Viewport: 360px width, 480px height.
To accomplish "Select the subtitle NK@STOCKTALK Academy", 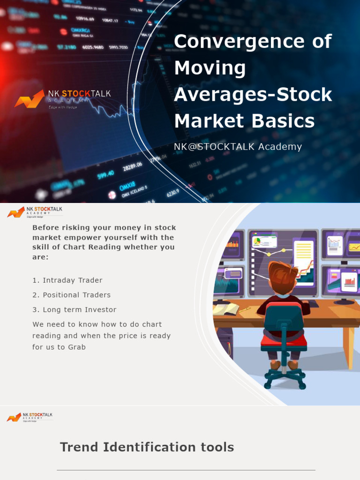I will click(238, 147).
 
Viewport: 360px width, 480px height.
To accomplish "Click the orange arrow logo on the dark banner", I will click(29, 99).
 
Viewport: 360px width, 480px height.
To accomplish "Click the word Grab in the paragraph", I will click(76, 347).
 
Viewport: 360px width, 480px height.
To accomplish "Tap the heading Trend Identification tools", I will click(147, 447).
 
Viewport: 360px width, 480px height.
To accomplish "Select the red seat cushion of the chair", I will click(283, 339).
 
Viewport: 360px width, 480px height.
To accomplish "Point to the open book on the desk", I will click(226, 308).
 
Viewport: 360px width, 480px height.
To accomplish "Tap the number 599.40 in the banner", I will click(106, 174).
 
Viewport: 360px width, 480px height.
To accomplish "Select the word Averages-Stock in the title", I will click(253, 95).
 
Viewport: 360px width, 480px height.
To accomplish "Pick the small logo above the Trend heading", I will click(29, 417).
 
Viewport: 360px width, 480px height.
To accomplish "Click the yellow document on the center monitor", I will click(303, 254).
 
